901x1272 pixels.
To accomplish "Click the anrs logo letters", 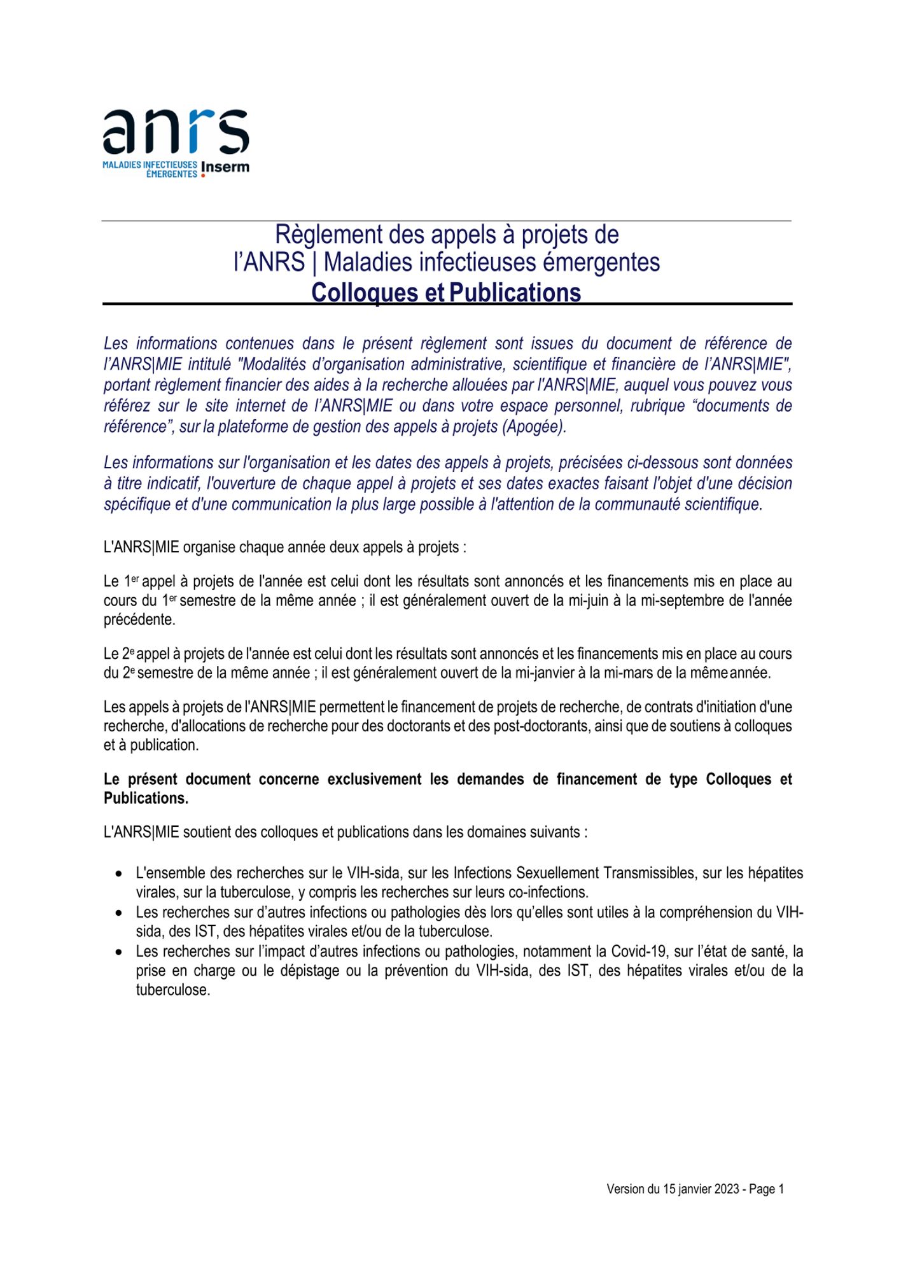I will (x=176, y=131).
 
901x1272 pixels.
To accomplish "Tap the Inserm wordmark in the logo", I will (x=225, y=167).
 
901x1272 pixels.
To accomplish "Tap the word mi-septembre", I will (x=683, y=600).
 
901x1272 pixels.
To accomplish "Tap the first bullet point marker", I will (x=119, y=874).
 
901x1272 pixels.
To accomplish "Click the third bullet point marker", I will (x=119, y=952).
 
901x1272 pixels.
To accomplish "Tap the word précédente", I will (x=139, y=619).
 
